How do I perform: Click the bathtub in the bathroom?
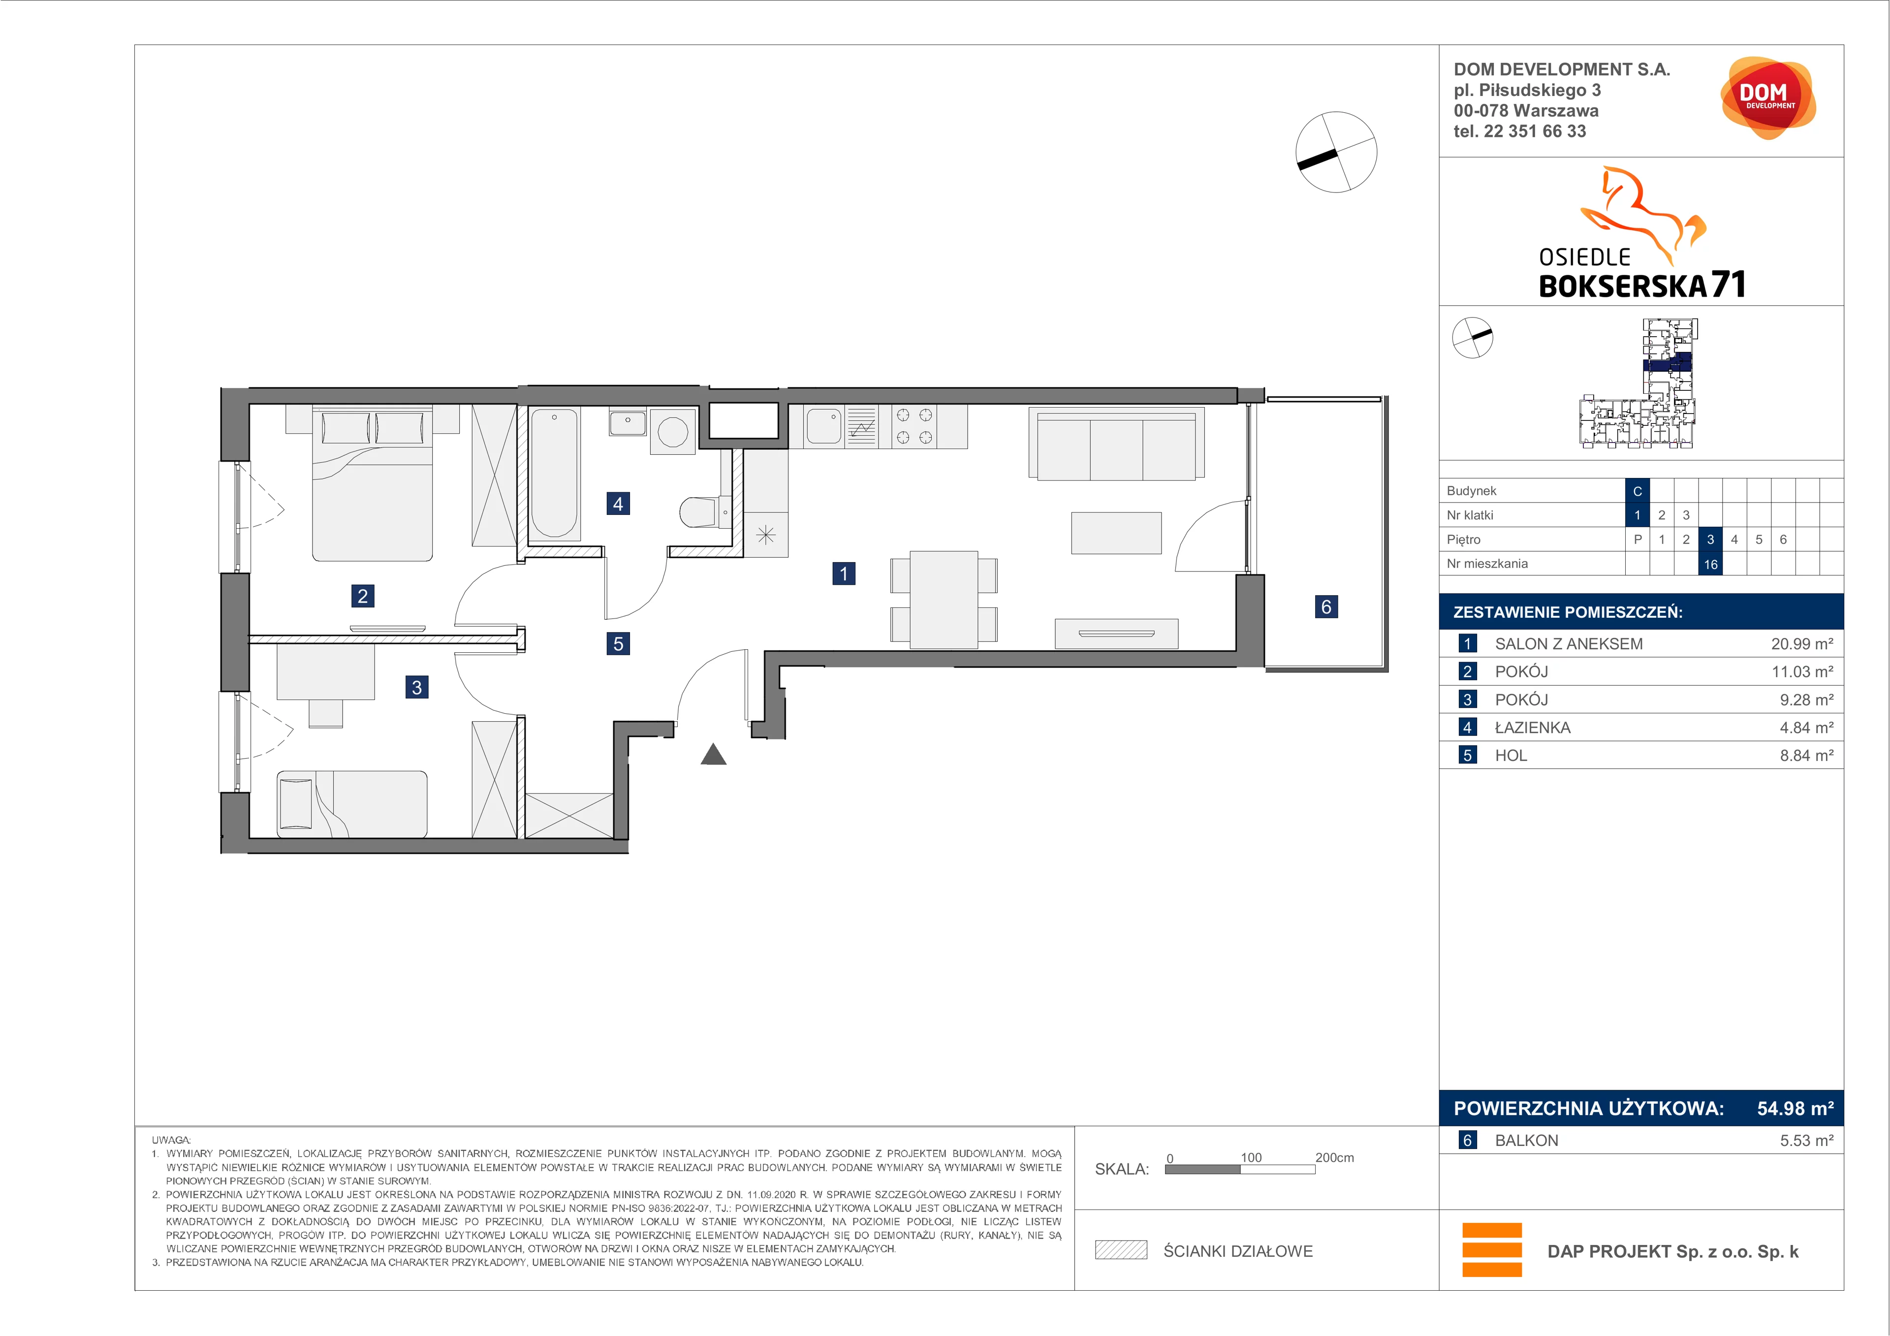[x=554, y=474]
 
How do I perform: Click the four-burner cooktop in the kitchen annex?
[x=913, y=426]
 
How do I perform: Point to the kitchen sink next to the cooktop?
[x=824, y=426]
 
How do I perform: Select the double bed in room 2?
[x=372, y=483]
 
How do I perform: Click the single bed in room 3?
[x=351, y=803]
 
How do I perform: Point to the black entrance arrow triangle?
[x=714, y=755]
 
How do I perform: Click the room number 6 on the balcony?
[x=1326, y=606]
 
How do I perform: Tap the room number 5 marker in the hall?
[x=618, y=644]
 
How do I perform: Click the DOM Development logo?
[x=1767, y=98]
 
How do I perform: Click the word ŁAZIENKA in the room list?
[x=1533, y=728]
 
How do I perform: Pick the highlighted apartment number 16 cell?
[x=1710, y=564]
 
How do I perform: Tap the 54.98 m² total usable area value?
[x=1795, y=1108]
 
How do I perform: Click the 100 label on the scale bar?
[x=1251, y=1157]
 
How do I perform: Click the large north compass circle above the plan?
[x=1336, y=152]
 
